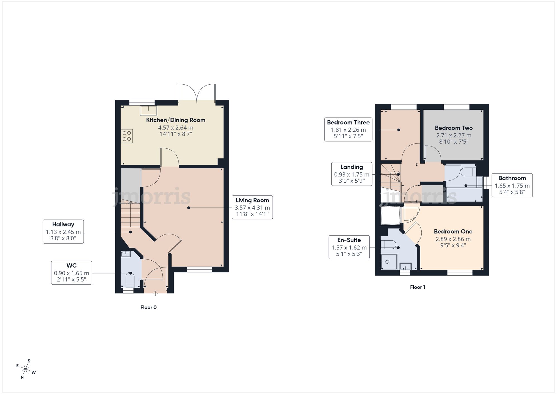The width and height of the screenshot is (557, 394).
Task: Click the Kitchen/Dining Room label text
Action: [176, 120]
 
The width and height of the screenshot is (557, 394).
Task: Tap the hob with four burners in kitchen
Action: [127, 136]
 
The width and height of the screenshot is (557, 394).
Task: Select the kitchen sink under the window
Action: [148, 111]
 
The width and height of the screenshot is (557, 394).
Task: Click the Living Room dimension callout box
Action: [252, 207]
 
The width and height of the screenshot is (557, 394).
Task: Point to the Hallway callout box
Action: [63, 232]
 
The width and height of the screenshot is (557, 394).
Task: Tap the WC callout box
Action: [72, 273]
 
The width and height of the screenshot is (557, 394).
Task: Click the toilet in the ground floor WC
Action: [130, 280]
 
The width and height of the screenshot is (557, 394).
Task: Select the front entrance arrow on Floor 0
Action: [155, 293]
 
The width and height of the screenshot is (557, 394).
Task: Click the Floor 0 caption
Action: [148, 307]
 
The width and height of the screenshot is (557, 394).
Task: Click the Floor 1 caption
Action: [417, 287]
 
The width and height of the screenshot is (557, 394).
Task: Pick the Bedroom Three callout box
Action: [348, 129]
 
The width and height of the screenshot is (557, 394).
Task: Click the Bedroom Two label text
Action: [454, 128]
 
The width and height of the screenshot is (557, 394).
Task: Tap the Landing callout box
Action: [351, 174]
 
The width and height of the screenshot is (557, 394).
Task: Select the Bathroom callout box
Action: [512, 185]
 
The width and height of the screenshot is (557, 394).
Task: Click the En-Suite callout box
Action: [349, 247]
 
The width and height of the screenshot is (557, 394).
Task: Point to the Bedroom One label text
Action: [453, 231]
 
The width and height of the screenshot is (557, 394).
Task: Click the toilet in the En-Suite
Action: [389, 244]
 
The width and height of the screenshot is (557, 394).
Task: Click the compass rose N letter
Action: [22, 377]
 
